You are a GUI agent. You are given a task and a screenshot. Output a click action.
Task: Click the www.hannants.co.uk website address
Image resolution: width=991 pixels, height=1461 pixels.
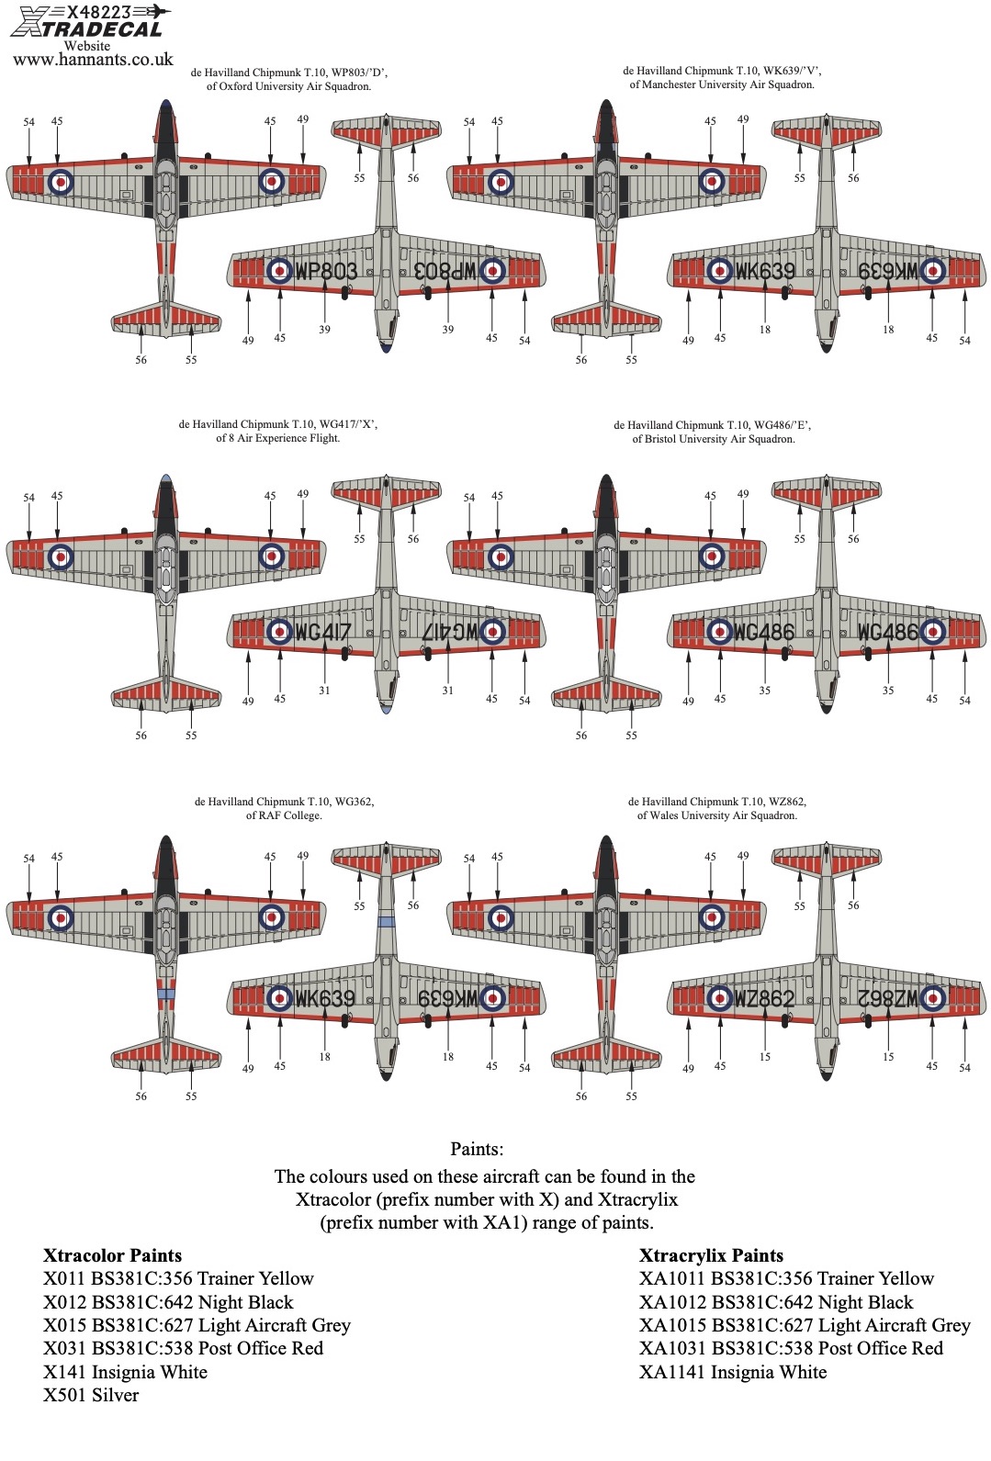pyautogui.click(x=93, y=60)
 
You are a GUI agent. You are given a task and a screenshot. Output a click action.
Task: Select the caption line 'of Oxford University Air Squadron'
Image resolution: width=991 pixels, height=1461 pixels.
pyautogui.click(x=288, y=86)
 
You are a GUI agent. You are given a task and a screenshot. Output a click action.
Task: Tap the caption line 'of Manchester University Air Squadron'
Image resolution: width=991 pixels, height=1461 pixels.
pyautogui.click(x=721, y=84)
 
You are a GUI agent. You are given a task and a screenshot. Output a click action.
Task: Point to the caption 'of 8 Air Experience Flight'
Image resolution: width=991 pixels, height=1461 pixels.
pyautogui.click(x=277, y=438)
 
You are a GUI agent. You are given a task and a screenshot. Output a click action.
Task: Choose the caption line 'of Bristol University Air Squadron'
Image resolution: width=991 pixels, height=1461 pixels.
pyautogui.click(x=713, y=439)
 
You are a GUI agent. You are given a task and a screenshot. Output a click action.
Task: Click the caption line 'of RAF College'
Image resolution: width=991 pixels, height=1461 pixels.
pyautogui.click(x=283, y=815)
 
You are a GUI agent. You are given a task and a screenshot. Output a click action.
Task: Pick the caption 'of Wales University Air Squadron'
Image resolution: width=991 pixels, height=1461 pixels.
pyautogui.click(x=716, y=815)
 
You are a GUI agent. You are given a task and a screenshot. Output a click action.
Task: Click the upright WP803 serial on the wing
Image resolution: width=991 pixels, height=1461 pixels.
pyautogui.click(x=326, y=271)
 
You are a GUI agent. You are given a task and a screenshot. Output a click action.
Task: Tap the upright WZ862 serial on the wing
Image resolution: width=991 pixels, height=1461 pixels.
pyautogui.click(x=764, y=998)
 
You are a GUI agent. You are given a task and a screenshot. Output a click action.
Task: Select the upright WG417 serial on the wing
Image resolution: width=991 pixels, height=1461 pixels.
pyautogui.click(x=323, y=632)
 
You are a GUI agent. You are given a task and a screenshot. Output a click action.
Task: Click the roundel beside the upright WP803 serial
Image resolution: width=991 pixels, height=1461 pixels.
pyautogui.click(x=279, y=271)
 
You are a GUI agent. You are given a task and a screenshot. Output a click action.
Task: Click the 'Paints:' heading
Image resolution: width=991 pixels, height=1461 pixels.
pyautogui.click(x=477, y=1149)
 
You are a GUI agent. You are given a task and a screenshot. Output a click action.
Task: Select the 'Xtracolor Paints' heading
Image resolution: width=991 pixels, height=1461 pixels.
pyautogui.click(x=112, y=1255)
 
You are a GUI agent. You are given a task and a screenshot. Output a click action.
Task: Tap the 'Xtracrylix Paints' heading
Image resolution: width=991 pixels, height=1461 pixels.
pyautogui.click(x=711, y=1255)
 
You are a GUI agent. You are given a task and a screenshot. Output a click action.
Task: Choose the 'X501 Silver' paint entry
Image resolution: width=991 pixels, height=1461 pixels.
pyautogui.click(x=91, y=1395)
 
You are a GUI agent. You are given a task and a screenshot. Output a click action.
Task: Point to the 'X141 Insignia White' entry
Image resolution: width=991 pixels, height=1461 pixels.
pyautogui.click(x=125, y=1372)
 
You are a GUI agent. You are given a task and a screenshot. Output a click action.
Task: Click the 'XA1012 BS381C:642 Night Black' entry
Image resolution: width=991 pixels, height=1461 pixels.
pyautogui.click(x=776, y=1302)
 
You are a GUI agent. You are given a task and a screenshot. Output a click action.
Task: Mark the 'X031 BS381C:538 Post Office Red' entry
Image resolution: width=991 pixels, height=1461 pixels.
pyautogui.click(x=183, y=1348)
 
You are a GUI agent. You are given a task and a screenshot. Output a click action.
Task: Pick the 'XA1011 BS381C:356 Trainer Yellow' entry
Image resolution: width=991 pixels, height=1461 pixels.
pyautogui.click(x=786, y=1278)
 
